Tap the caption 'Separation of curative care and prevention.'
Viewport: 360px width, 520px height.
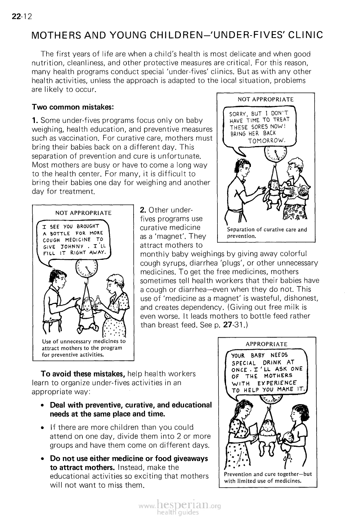(267, 232)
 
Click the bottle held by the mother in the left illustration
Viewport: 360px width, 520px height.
(97, 301)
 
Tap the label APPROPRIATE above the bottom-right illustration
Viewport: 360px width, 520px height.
(267, 344)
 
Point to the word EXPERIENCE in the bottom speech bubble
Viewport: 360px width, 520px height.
(279, 383)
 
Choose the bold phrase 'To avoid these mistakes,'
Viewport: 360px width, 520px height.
(83, 374)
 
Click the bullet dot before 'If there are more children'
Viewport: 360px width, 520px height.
(42, 428)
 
